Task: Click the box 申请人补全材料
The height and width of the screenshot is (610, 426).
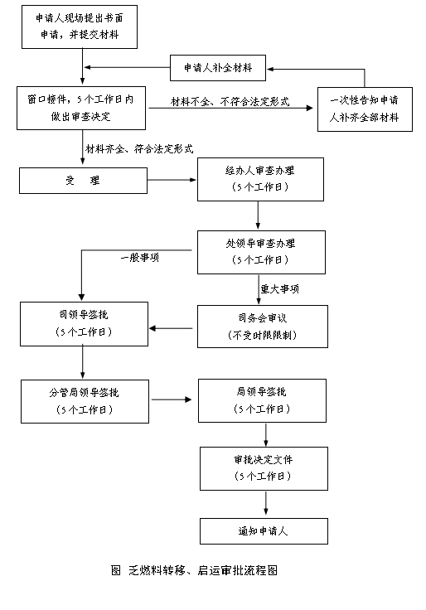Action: click(x=218, y=68)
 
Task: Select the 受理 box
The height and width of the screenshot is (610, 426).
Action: click(x=83, y=181)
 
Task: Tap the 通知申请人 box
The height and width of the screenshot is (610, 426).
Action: click(x=264, y=531)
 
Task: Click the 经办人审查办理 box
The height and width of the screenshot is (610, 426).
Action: click(x=260, y=179)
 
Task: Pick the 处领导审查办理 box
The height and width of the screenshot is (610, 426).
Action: click(x=261, y=252)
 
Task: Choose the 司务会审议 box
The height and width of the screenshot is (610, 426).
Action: click(x=263, y=327)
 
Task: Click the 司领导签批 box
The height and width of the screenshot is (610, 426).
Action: click(x=84, y=324)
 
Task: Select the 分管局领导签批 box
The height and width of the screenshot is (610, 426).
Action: click(x=85, y=401)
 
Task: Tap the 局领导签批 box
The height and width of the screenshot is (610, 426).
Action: click(x=262, y=400)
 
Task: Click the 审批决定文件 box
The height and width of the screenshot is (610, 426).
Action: click(x=264, y=468)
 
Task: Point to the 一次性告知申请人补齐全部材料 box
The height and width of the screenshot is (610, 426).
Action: click(x=365, y=109)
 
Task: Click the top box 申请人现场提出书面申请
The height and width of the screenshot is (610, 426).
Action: click(x=80, y=27)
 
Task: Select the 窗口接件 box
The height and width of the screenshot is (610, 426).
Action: click(x=81, y=108)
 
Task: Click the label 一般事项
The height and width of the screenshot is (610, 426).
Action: click(x=140, y=258)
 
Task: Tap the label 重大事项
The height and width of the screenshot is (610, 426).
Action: click(x=280, y=289)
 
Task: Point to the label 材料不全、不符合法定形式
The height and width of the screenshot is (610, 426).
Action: click(x=230, y=102)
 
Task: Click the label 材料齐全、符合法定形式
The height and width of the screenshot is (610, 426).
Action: click(x=139, y=148)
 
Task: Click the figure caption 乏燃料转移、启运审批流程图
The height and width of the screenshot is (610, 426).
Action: click(x=203, y=570)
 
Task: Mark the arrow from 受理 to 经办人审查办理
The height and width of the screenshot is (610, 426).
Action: click(x=172, y=180)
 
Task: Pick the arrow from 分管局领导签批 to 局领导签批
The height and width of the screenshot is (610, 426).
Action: click(x=172, y=399)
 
